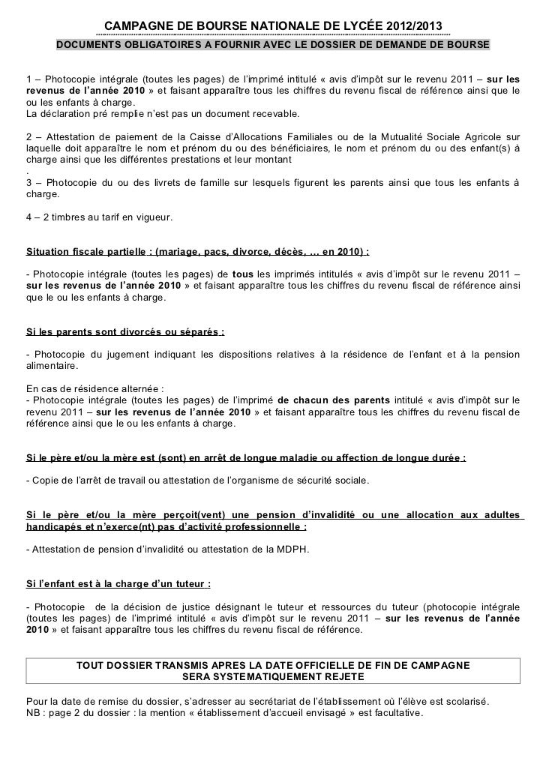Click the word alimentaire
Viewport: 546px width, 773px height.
[x=51, y=365]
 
